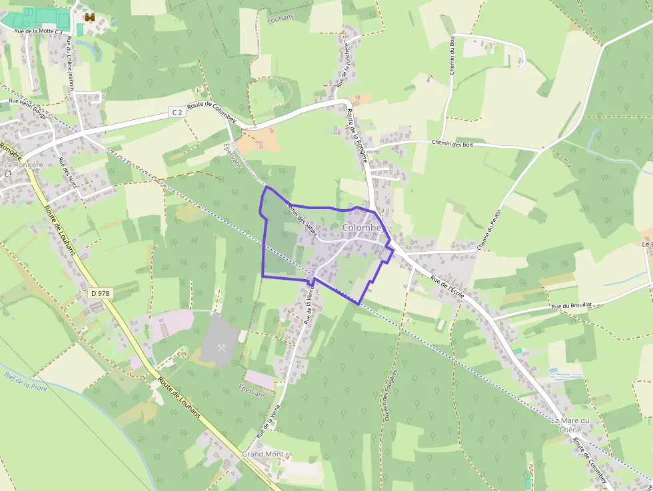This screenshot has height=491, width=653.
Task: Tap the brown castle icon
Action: click(x=89, y=17)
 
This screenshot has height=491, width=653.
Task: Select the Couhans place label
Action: click(x=281, y=20)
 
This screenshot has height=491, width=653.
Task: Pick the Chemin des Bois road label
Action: click(x=452, y=143)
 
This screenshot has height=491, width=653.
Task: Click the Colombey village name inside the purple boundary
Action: click(x=364, y=228)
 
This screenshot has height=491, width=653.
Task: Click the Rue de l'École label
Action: click(x=446, y=287)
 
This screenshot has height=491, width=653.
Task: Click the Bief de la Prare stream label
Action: click(x=25, y=381)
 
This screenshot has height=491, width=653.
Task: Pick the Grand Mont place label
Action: click(x=263, y=454)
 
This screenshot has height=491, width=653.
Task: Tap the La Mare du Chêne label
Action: click(x=570, y=425)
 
